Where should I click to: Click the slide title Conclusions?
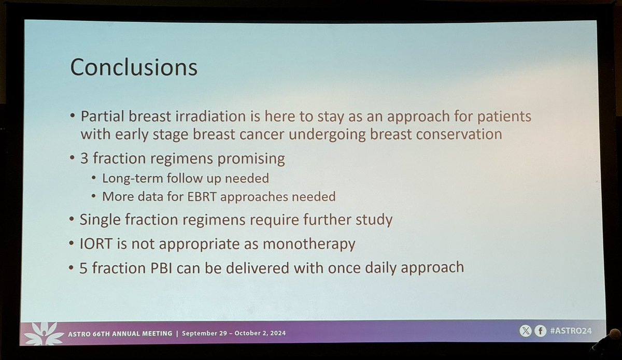(x=134, y=67)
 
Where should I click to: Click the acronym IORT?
(x=96, y=243)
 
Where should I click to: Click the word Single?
(x=100, y=220)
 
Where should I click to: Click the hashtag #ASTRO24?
(x=571, y=331)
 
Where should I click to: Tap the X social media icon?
(x=526, y=331)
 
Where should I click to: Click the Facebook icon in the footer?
(x=540, y=331)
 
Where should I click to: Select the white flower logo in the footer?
(x=44, y=334)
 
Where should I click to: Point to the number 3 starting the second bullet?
(x=84, y=158)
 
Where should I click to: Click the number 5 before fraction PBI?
(x=83, y=268)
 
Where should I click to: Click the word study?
(x=374, y=220)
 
